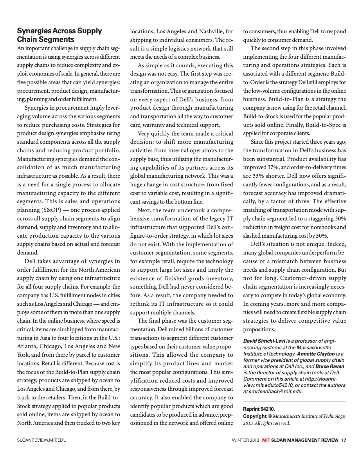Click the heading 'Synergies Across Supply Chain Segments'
[x=59, y=35]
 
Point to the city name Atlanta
[x=28, y=346]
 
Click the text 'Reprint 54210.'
[x=259, y=408]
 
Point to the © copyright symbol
[x=270, y=416]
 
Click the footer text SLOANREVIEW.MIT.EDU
[x=42, y=440]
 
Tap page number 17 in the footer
[x=344, y=440]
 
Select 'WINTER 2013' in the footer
[x=245, y=440]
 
